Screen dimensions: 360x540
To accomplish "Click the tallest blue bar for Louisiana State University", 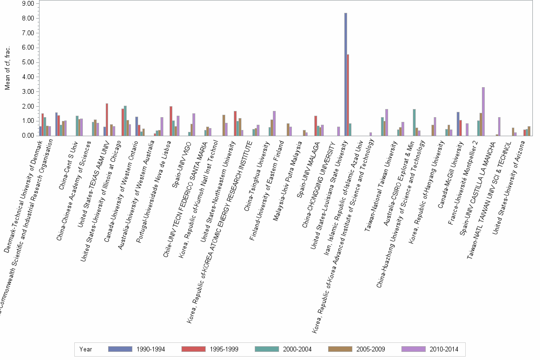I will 346,74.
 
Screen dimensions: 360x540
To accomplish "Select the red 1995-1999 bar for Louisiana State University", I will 348,95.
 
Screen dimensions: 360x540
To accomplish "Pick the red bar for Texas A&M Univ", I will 107,120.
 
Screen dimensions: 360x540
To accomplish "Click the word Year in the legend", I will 86,349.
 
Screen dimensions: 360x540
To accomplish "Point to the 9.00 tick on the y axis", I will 28,4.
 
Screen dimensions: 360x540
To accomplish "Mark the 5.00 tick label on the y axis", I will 28,62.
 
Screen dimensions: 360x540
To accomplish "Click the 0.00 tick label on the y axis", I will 28,136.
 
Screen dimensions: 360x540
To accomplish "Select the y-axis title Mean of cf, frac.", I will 7,70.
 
